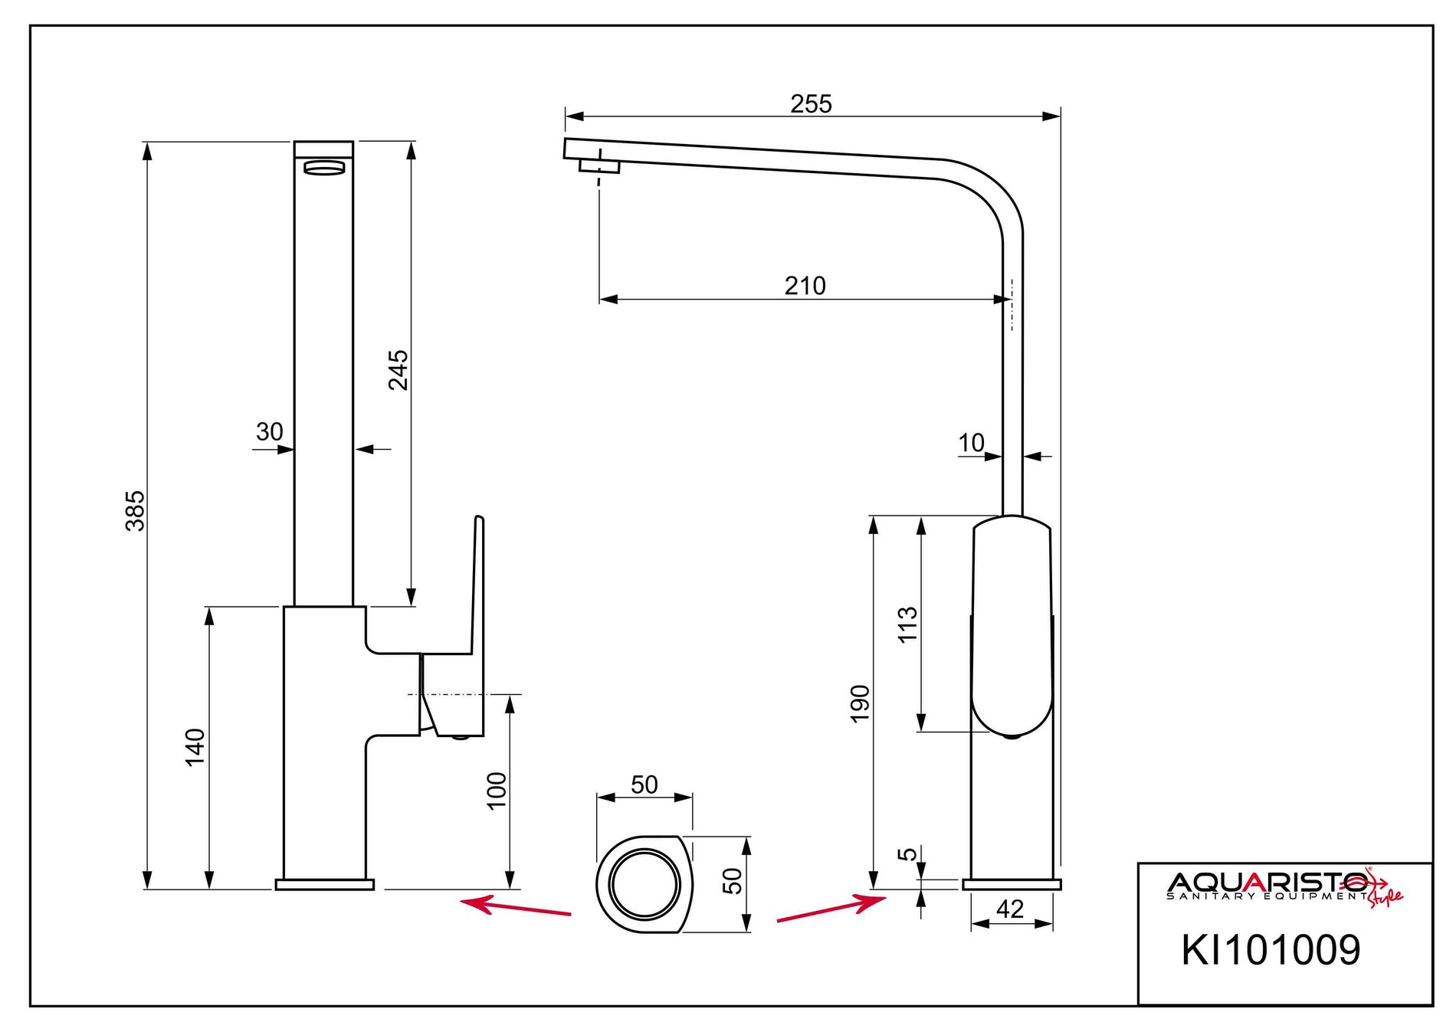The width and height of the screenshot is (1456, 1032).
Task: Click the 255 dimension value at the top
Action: tap(811, 104)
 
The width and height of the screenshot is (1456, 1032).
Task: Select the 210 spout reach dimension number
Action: tap(805, 287)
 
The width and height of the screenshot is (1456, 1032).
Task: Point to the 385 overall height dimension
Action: tap(135, 511)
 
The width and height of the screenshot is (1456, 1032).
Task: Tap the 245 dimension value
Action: tap(398, 370)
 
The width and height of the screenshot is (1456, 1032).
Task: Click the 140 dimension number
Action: tap(195, 747)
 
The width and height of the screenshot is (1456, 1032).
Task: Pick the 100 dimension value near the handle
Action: tap(497, 790)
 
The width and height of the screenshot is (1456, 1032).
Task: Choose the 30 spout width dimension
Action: tap(269, 432)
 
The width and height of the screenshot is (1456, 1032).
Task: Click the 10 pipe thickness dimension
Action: tap(971, 443)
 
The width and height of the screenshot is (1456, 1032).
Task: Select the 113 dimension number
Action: tap(907, 624)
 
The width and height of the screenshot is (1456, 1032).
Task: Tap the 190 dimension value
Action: tap(860, 703)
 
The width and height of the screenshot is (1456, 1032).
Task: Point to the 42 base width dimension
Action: tap(1010, 909)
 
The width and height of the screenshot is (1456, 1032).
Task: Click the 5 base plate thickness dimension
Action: tap(907, 854)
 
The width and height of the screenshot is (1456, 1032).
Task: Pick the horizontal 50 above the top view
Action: tap(644, 785)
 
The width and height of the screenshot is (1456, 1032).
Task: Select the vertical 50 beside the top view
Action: tap(733, 881)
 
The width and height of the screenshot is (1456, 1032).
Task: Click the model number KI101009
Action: tap(1271, 951)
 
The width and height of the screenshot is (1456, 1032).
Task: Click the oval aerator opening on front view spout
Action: tap(324, 168)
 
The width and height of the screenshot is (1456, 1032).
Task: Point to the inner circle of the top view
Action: tap(644, 884)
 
